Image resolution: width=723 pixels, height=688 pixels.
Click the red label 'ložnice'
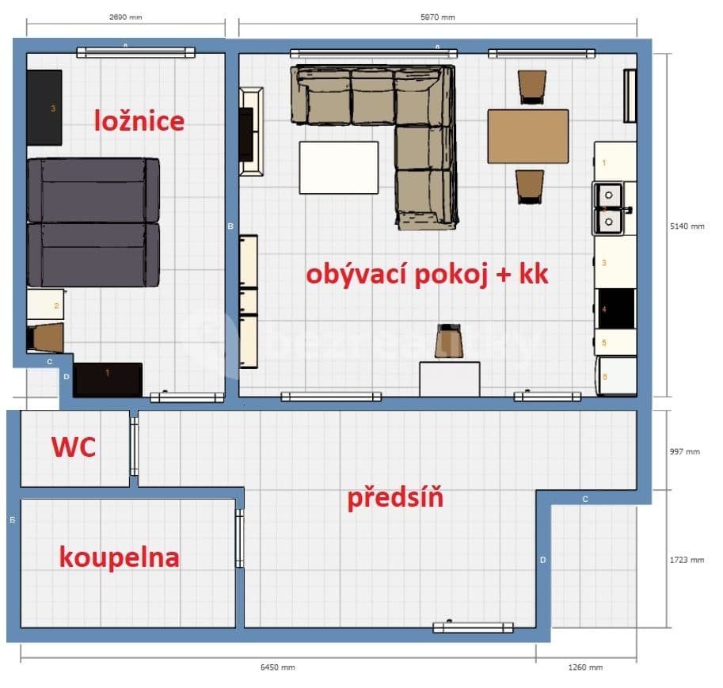139,121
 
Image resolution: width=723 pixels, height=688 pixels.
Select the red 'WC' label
74,447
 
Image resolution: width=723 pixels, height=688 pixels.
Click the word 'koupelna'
119,557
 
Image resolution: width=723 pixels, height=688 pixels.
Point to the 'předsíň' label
394,498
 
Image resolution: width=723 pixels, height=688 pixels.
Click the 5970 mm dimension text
438,17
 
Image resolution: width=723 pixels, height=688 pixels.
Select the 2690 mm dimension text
125,17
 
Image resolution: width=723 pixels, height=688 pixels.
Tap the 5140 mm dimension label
687,226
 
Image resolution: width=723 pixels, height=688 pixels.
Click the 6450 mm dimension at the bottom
277,667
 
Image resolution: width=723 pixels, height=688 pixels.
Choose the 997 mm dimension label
684,451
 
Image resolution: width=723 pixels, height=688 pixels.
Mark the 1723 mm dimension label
686,560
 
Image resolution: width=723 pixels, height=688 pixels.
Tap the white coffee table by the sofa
338,167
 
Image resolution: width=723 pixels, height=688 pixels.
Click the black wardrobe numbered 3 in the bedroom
44,108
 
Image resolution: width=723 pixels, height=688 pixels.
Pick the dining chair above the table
531,86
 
